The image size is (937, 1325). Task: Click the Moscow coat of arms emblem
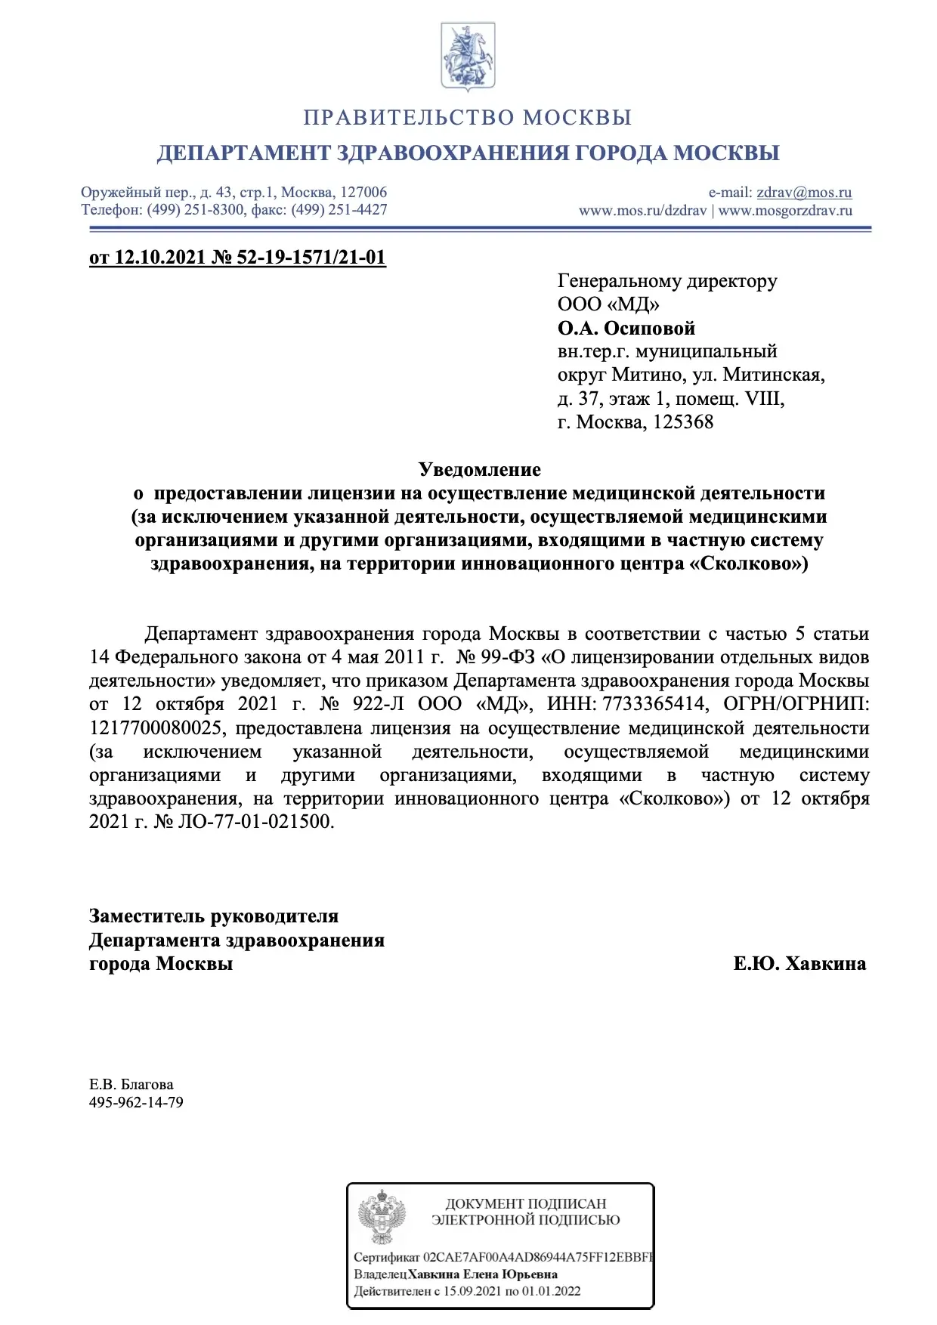(x=468, y=57)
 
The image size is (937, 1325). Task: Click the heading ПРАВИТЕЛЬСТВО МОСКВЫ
(x=468, y=118)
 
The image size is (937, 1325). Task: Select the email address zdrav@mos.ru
(x=804, y=193)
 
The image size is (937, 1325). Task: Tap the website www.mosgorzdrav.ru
(x=785, y=211)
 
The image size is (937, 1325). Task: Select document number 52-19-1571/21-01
(x=311, y=258)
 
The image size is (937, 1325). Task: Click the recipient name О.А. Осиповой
(x=626, y=329)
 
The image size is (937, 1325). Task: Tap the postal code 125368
(x=683, y=422)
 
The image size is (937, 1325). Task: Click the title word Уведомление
(x=480, y=470)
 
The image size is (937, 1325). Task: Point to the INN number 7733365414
(x=655, y=704)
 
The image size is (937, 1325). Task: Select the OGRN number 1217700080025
(x=156, y=728)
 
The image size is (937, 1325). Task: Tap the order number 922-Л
(x=379, y=704)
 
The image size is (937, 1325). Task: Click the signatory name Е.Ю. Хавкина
(x=799, y=964)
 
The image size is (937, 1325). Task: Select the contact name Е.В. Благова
(x=131, y=1085)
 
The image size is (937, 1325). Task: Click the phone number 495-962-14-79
(x=136, y=1102)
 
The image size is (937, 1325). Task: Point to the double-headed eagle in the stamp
(x=382, y=1217)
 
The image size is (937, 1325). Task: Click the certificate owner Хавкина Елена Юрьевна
(x=483, y=1274)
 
